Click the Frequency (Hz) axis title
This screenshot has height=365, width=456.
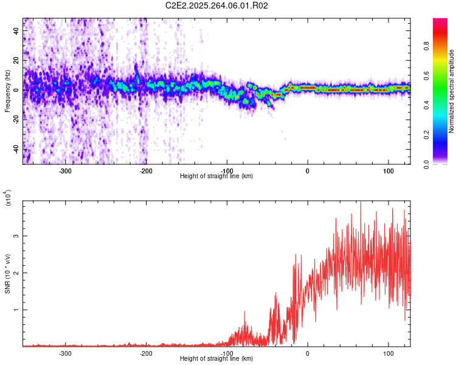tap(7, 91)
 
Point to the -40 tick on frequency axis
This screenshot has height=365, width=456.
tap(16, 150)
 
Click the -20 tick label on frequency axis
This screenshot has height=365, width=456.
tap(16, 120)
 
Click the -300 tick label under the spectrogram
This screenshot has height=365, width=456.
tap(65, 171)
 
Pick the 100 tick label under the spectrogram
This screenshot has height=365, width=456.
tap(388, 171)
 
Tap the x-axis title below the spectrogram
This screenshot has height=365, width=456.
tap(216, 176)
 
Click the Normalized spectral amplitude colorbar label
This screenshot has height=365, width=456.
tap(452, 91)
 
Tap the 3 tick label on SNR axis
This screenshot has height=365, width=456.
tap(16, 236)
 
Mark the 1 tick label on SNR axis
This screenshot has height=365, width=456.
tap(16, 310)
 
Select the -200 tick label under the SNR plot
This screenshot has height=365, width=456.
tap(145, 353)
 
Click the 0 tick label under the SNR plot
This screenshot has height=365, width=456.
tap(307, 353)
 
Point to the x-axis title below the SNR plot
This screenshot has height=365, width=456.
tap(216, 359)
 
